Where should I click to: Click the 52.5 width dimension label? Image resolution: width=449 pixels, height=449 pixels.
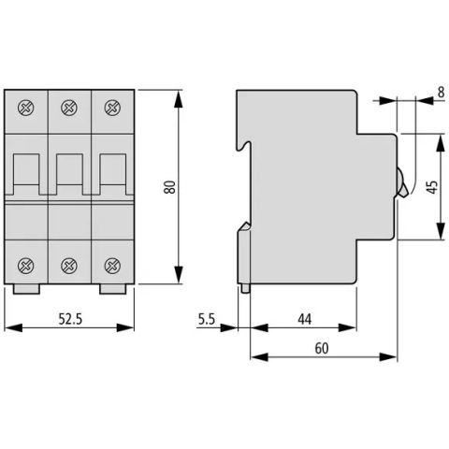pos(70,319)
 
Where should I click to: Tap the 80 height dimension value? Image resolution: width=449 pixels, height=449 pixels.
pos(170,187)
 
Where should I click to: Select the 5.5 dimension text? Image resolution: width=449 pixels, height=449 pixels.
pos(207,319)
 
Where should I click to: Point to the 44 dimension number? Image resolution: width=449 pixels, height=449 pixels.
pos(304,319)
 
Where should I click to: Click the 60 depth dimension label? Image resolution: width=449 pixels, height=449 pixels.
pos(322,348)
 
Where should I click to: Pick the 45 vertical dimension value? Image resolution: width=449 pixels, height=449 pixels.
pos(432,187)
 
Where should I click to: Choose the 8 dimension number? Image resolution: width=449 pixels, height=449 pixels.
pos(441,93)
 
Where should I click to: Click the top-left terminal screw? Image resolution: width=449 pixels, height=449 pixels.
pos(26,108)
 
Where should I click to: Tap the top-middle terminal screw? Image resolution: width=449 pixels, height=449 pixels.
pos(69,108)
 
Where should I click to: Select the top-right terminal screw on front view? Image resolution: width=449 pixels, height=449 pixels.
pos(112,108)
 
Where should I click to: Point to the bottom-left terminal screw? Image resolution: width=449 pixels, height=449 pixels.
pos(26,266)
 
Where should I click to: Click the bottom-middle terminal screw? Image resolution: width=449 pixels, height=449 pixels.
pos(69,266)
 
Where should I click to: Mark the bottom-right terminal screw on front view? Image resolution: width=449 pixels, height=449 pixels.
pos(112,266)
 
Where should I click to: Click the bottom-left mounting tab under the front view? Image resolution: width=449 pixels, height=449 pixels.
pos(26,289)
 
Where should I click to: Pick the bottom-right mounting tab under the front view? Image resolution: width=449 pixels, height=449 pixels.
pos(113,289)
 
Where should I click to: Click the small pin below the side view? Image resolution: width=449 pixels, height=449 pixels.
pos(245,288)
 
